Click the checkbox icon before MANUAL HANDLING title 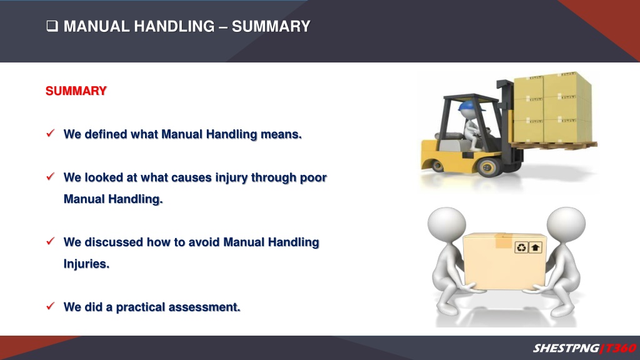click(x=52, y=26)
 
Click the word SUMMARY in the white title click(x=271, y=26)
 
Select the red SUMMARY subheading click(x=76, y=91)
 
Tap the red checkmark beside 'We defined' click(x=51, y=133)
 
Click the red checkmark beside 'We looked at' click(x=51, y=176)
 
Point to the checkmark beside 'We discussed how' click(x=51, y=241)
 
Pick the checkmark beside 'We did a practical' click(x=51, y=306)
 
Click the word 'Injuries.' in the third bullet click(x=86, y=264)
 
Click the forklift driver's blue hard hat click(x=469, y=106)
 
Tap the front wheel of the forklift click(x=489, y=166)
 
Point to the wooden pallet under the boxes click(x=553, y=145)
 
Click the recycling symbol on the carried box click(x=521, y=247)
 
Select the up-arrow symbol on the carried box click(x=535, y=247)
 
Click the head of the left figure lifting click(x=446, y=225)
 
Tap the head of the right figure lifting click(x=566, y=225)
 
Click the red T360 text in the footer click(x=620, y=348)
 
